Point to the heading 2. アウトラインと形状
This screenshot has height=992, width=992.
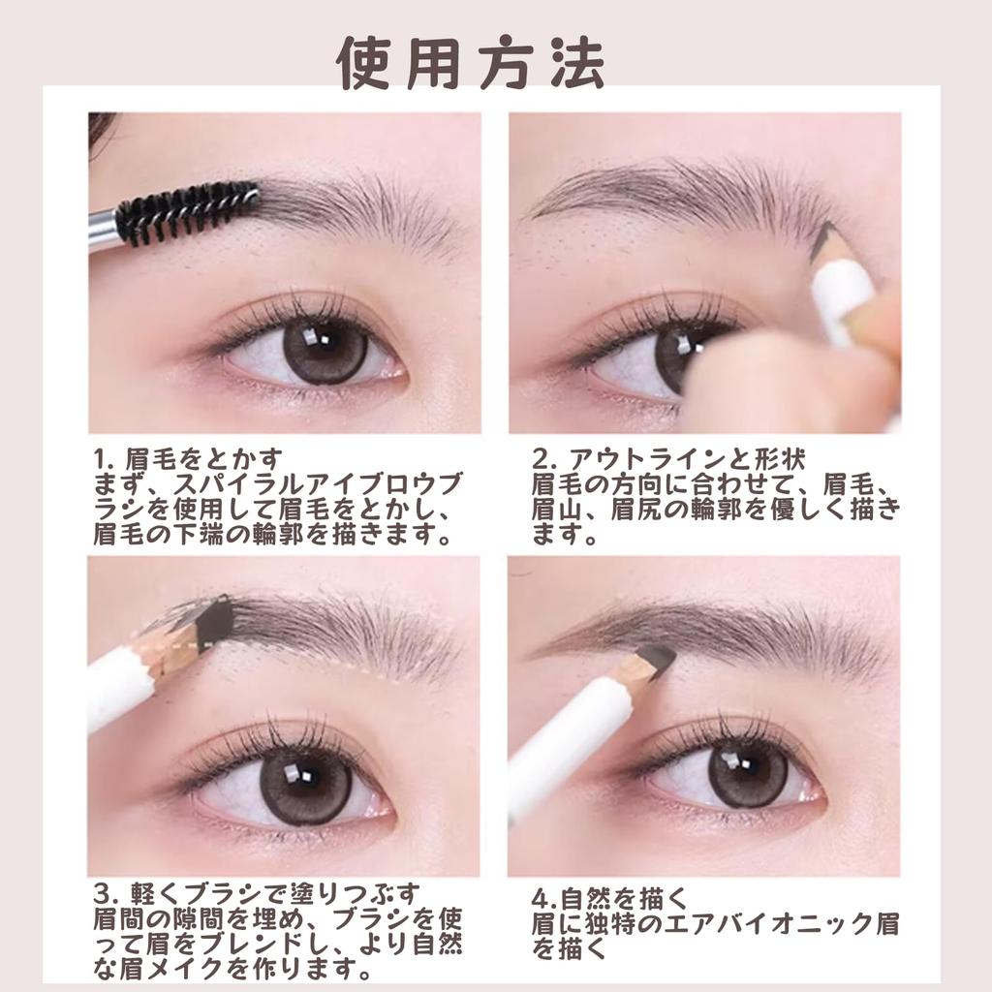pos(669,456)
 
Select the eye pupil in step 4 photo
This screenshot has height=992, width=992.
pos(748,772)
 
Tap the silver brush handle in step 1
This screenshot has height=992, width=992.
pos(103,230)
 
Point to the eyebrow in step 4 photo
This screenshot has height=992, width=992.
pos(717,630)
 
